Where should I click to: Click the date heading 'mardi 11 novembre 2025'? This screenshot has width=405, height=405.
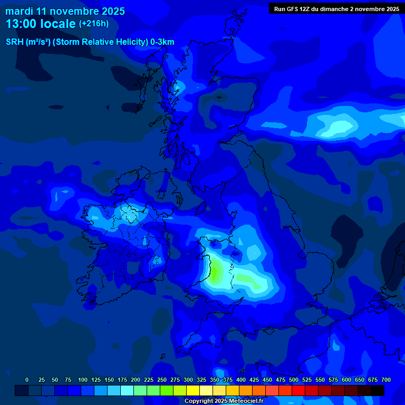click(65, 12)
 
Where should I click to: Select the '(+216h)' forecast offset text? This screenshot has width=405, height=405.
click(93, 24)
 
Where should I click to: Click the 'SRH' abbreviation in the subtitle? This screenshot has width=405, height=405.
click(14, 42)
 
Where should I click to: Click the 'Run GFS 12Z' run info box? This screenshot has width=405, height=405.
click(336, 9)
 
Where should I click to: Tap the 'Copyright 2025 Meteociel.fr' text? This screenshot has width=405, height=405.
click(224, 401)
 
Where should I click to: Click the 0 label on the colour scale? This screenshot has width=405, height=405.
click(27, 380)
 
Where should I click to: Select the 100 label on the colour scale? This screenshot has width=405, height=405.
click(83, 380)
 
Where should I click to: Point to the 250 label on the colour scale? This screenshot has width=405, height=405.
click(162, 380)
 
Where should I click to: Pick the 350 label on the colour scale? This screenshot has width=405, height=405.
click(215, 380)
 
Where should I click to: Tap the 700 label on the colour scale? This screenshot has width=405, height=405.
click(386, 380)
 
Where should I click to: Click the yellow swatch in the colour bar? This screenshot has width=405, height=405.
click(193, 390)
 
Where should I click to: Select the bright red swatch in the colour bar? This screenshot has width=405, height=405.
click(298, 390)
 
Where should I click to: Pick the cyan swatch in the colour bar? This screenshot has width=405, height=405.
click(127, 390)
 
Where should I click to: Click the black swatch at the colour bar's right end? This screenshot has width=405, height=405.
click(378, 390)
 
